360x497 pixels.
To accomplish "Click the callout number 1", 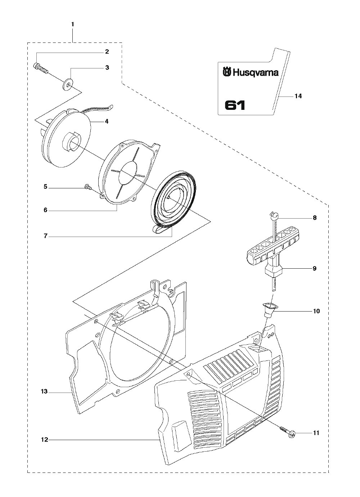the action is tap(73, 24).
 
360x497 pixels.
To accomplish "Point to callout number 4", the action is tap(107, 121).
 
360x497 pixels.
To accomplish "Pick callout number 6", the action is tap(45, 210).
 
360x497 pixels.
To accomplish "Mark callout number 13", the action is tap(44, 391).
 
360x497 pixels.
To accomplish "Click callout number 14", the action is tap(298, 96).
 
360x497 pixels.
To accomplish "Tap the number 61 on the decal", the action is tap(235, 105).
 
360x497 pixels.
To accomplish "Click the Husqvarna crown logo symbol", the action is tap(227, 72).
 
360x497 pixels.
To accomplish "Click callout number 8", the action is tap(315, 218).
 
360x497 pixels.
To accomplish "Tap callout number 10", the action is tap(316, 311).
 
